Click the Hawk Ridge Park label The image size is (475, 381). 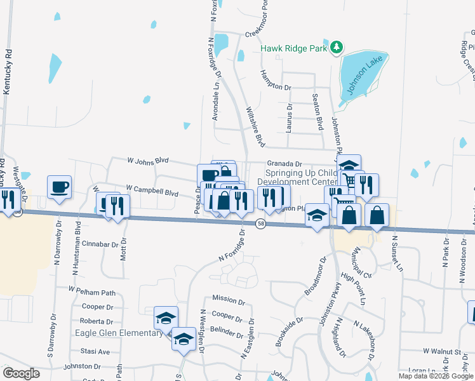click(x=295, y=48)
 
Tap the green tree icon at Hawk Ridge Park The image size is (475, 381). click(x=338, y=48)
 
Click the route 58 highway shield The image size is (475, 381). click(x=260, y=224)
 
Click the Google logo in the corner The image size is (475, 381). click(x=21, y=373)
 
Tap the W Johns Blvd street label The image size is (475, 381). click(x=148, y=161)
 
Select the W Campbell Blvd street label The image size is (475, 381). click(x=152, y=189)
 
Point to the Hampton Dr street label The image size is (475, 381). click(x=275, y=81)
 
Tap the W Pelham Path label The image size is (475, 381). click(x=92, y=291)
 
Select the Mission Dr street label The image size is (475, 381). click(x=224, y=298)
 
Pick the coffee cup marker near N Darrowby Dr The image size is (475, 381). click(x=60, y=187)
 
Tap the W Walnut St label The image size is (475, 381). click(x=441, y=351)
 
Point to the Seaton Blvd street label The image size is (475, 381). click(x=315, y=110)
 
